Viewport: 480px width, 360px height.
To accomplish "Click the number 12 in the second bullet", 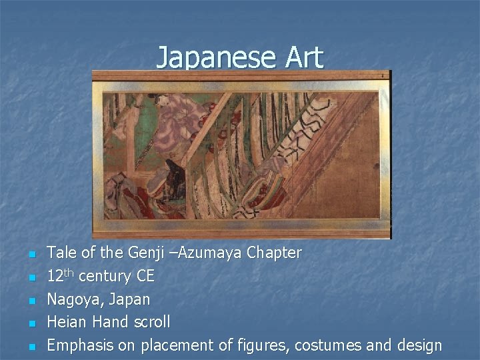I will [x=55, y=277].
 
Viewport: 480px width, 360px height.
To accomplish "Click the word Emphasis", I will [x=79, y=345].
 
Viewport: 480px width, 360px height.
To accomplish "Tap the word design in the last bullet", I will [x=417, y=345].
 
